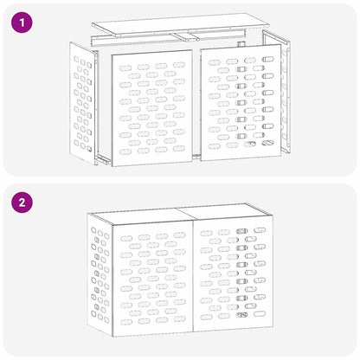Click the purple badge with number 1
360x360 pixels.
point(22,22)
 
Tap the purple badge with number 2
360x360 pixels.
point(22,202)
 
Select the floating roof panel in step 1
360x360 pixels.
point(181,24)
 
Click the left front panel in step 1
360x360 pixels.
point(152,108)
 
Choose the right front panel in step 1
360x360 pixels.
point(241,102)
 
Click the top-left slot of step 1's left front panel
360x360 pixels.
point(125,68)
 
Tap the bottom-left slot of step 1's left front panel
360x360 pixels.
point(125,151)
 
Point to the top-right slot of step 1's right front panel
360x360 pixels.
point(267,60)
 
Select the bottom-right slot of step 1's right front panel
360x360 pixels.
point(267,143)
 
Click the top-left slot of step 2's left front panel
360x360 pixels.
point(126,239)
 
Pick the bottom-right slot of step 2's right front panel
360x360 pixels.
point(260,313)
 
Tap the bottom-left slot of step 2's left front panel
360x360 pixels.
point(126,322)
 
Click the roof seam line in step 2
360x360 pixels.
point(185,215)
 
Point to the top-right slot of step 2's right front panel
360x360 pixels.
point(260,230)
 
